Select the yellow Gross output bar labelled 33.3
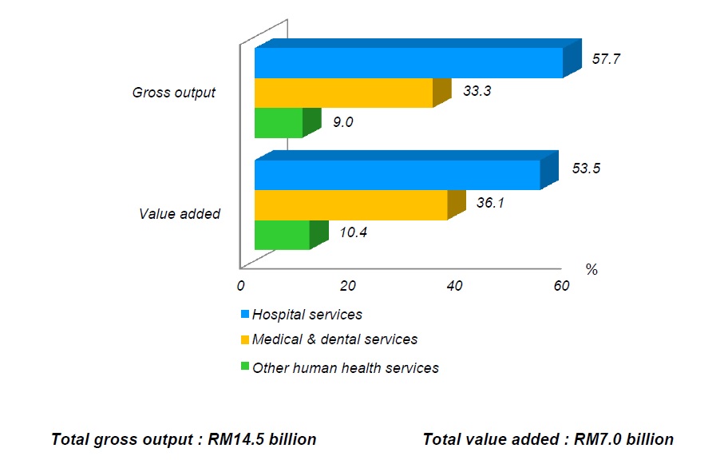click(343, 93)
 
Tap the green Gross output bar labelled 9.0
click(279, 123)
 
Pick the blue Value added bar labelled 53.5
click(398, 175)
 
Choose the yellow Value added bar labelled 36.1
click(350, 205)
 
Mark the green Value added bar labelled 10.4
click(282, 235)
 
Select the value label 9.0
click(342, 122)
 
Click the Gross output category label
click(173, 93)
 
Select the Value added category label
click(180, 213)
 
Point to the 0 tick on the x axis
click(240, 286)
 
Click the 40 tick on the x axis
click(453, 286)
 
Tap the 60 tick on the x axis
click(561, 286)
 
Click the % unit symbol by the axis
click(591, 270)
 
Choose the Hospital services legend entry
click(307, 315)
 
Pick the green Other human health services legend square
click(244, 367)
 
